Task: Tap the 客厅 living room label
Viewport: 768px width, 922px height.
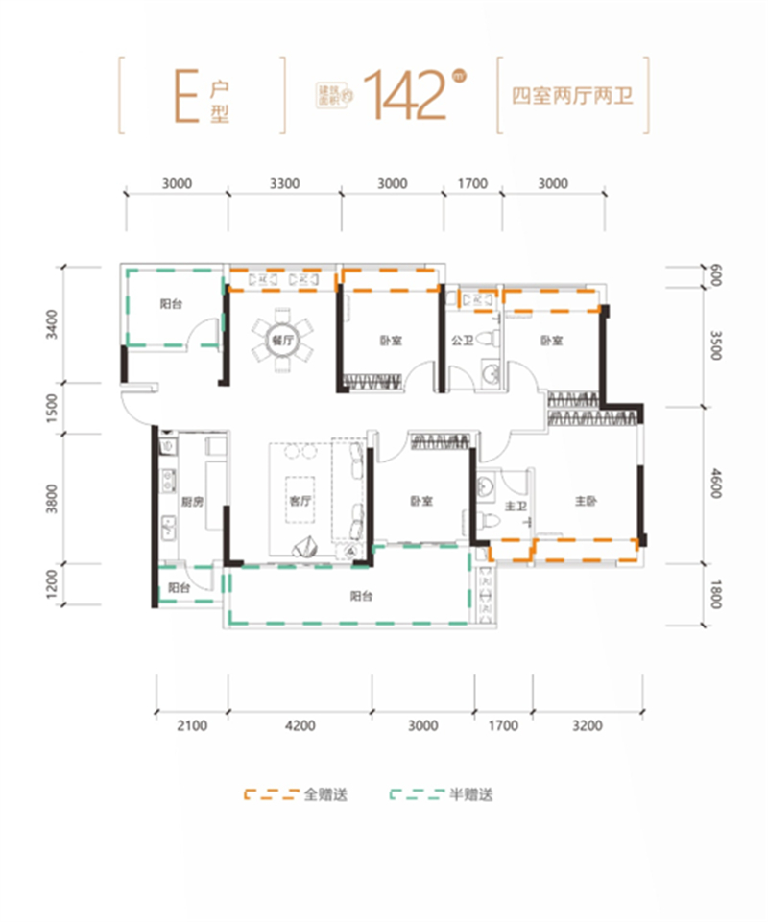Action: pos(300,502)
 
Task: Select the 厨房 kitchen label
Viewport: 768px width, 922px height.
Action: pos(193,502)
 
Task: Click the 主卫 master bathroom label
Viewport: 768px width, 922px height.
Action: pos(516,507)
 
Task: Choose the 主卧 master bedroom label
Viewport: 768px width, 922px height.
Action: pos(587,502)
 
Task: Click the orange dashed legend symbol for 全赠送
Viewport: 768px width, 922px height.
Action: pos(272,795)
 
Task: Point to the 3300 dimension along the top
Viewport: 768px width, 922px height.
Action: pos(286,182)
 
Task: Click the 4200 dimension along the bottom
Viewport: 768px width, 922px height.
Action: pos(300,726)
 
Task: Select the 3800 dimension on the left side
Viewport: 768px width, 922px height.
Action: pos(53,498)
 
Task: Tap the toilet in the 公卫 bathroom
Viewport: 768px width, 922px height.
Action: pos(492,338)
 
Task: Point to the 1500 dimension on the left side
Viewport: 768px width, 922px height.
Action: pos(53,408)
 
